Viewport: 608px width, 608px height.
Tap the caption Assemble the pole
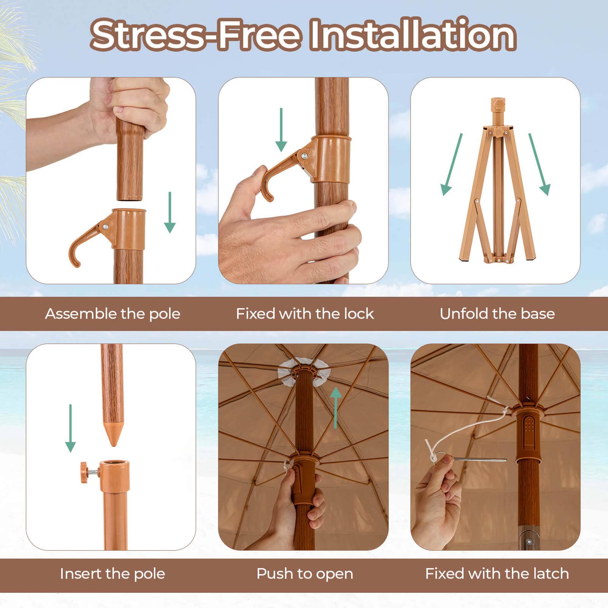coord(112,314)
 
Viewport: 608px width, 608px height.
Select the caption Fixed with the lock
coord(305,314)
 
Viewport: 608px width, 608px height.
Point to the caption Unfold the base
coord(497,314)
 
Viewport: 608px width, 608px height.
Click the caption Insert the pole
coord(112,574)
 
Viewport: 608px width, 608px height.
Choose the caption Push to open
coord(305,574)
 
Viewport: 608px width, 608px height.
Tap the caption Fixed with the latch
coord(497,574)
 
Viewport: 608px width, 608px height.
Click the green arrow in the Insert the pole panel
coord(70,428)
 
